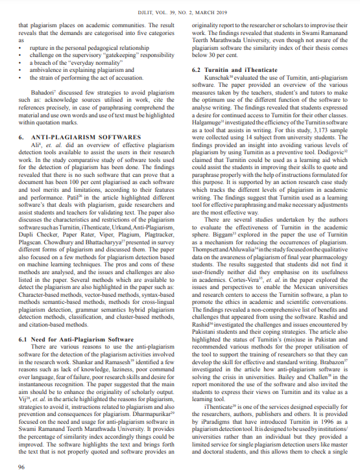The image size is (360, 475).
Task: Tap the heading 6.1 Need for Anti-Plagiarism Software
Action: coord(76,339)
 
